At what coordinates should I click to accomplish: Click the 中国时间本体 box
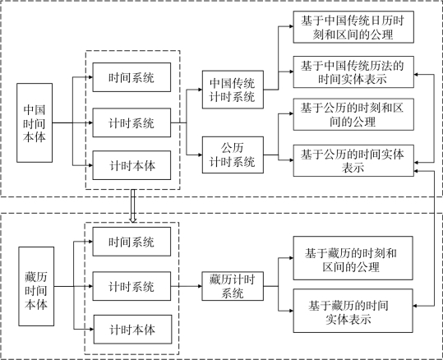coord(35,122)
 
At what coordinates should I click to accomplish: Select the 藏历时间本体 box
coord(36,286)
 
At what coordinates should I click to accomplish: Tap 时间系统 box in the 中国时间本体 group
coord(132,77)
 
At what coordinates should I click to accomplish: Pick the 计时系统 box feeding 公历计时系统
coord(132,122)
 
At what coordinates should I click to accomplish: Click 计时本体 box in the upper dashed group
coord(132,165)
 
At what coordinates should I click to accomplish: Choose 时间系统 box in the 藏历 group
coord(132,242)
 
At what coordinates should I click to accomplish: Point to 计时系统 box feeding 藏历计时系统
coord(132,286)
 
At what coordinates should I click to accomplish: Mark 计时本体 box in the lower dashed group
coord(132,330)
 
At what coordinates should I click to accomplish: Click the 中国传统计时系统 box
coord(233,90)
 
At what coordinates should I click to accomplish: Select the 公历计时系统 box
coord(233,155)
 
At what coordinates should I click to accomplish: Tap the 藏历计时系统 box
coord(233,286)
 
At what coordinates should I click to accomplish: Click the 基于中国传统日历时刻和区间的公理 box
coord(353,27)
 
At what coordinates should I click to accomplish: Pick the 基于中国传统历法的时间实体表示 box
coord(353,72)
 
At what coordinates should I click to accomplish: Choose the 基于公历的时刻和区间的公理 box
coord(353,114)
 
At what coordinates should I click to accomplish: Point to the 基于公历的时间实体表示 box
coord(353,160)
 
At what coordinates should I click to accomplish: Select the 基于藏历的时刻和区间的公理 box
coord(353,258)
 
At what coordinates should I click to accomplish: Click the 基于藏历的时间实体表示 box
coord(353,311)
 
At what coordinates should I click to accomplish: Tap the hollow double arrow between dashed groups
coord(133,206)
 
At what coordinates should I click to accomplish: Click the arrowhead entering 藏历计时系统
coord(200,286)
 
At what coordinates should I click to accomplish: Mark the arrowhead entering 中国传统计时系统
coord(201,90)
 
